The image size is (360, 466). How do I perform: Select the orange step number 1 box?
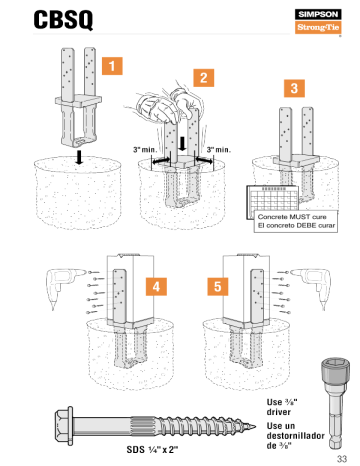(116, 66)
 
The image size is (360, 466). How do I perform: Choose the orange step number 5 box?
(215, 287)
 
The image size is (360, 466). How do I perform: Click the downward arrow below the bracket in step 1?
(78, 155)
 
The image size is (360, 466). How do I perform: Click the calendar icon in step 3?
(270, 196)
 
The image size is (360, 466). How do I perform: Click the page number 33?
(341, 457)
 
